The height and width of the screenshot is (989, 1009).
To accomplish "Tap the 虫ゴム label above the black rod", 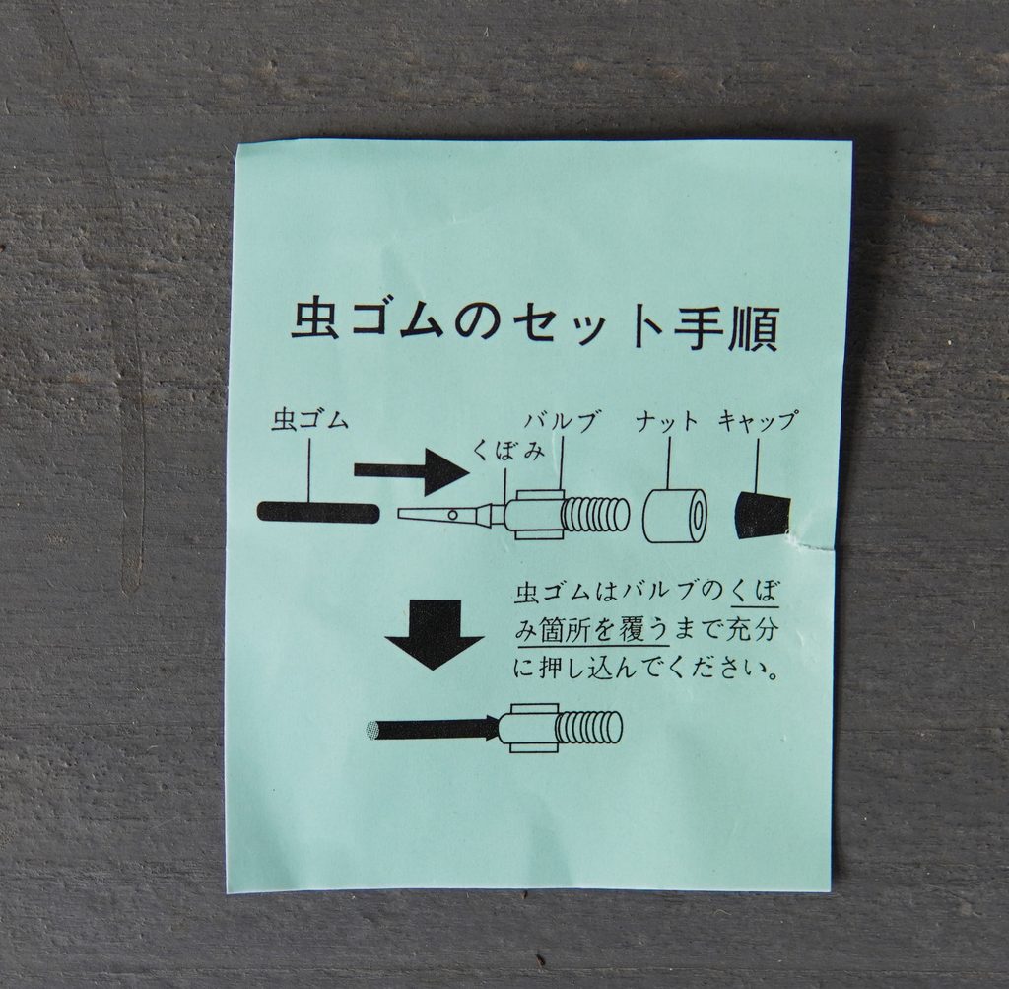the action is click(310, 421).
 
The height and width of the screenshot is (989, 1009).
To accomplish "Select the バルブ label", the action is click(559, 422).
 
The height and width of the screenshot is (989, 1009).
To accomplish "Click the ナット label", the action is click(667, 422).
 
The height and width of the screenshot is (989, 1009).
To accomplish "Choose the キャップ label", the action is click(758, 422).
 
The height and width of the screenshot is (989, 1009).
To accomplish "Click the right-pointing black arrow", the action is click(412, 472).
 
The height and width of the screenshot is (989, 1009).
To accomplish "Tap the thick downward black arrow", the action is click(435, 635).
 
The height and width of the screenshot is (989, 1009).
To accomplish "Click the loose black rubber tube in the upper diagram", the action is click(317, 513).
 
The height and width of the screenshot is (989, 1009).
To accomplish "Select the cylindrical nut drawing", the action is click(675, 517).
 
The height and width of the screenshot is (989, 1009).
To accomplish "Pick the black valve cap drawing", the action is click(763, 515).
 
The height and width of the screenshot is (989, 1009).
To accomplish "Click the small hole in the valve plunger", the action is click(453, 515).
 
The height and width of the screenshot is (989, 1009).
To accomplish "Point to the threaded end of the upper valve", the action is click(595, 516).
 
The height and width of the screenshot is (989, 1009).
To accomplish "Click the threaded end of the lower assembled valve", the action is click(588, 729).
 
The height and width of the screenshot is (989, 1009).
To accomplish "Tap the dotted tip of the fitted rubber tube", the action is click(372, 730).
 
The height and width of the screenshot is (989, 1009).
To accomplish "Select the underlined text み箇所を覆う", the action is click(591, 630).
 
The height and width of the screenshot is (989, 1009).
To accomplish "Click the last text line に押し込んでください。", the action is click(647, 669).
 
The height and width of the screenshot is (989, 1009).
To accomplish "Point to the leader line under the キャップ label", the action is click(758, 466).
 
